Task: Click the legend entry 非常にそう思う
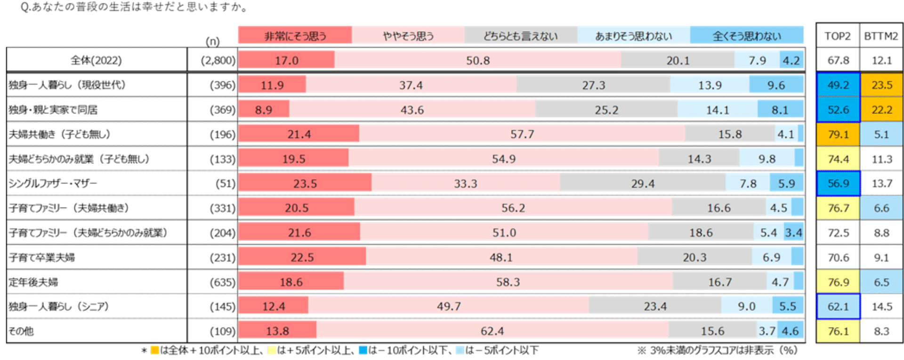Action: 295,36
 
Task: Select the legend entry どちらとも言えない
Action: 521,36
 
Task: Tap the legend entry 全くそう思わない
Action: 747,36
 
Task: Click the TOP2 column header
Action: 838,36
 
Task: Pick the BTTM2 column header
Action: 881,36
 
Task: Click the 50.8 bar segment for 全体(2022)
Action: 478,60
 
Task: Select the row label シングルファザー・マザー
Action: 53,184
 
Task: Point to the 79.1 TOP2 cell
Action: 838,135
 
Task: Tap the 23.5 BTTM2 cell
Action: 881,85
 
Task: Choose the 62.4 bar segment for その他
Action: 492,331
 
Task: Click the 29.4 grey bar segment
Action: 643,184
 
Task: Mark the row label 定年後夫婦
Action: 33,282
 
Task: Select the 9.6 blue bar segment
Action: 776,85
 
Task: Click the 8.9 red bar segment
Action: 264,110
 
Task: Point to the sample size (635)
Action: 222,282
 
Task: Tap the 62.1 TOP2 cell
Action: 838,307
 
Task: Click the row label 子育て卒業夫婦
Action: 42,257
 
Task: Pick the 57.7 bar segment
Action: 522,135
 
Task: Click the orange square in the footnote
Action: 154,351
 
